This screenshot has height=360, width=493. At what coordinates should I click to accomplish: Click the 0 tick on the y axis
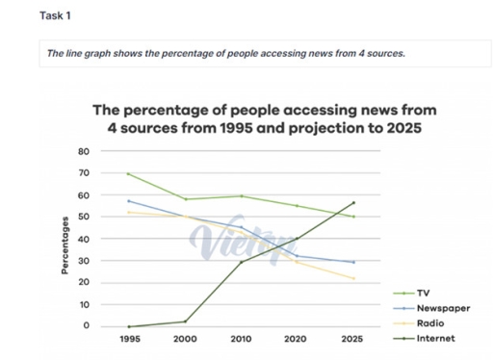click(x=85, y=326)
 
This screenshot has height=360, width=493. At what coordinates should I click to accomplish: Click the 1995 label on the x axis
click(x=127, y=340)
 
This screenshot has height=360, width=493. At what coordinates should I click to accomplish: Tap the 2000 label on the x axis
click(x=185, y=340)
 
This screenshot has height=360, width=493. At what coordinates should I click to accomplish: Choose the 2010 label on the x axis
click(x=243, y=340)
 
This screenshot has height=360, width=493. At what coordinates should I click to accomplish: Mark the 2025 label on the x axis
click(x=352, y=340)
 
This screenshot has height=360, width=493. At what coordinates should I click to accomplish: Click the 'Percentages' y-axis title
click(x=65, y=247)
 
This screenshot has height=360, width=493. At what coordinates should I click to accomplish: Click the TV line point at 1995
click(x=128, y=174)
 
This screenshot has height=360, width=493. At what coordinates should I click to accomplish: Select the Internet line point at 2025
click(x=354, y=203)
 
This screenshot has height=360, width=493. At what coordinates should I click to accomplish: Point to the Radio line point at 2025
click(x=354, y=279)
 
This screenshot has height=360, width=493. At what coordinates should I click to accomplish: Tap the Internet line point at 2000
click(x=186, y=321)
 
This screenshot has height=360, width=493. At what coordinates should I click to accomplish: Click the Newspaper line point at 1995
click(x=128, y=201)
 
